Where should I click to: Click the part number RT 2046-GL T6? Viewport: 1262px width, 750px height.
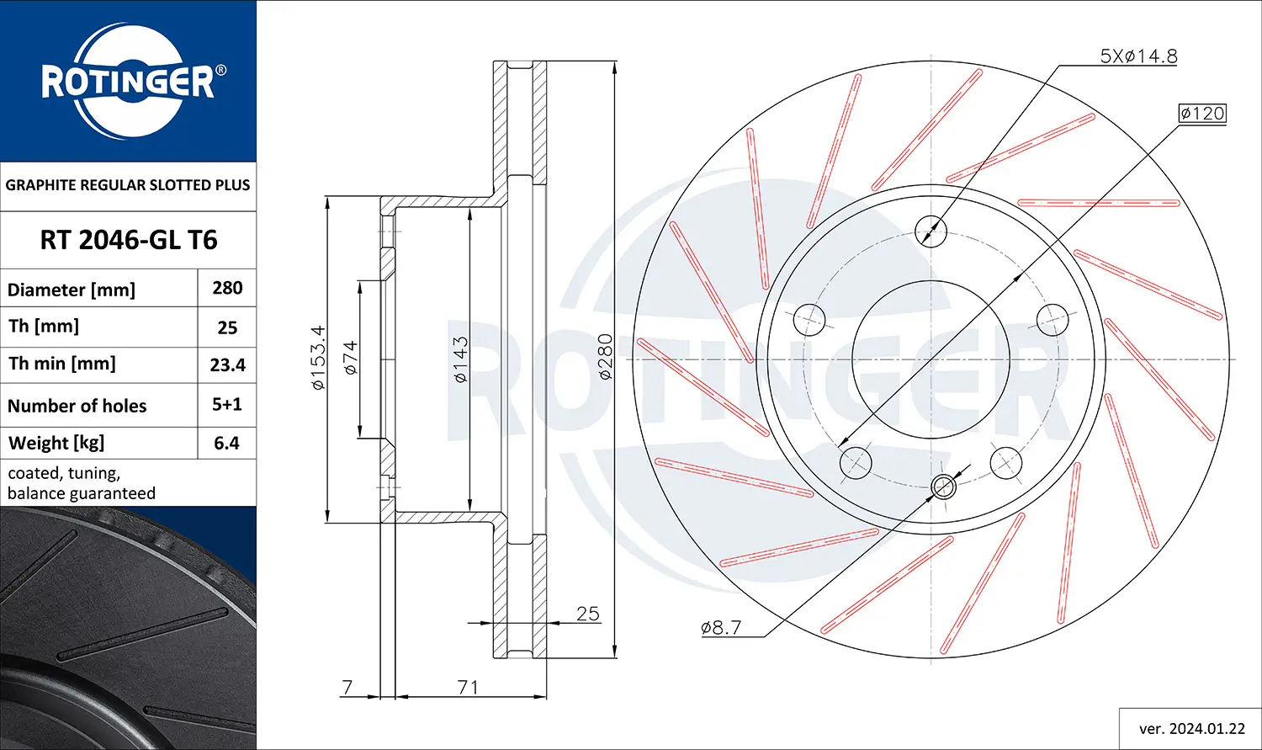[x=128, y=240]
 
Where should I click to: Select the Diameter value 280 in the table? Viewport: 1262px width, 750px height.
[x=227, y=288]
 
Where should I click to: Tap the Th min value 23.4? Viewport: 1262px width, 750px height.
[x=227, y=364]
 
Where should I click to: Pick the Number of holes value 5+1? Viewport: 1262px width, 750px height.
[x=227, y=404]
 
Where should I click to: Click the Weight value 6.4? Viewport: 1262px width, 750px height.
[x=226, y=443]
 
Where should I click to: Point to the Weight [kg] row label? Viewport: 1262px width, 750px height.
[x=56, y=443]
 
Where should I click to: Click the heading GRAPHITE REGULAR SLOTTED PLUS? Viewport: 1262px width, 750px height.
[x=128, y=185]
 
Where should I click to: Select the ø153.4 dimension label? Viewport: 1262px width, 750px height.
[x=317, y=358]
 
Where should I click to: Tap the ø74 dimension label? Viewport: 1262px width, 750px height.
[x=350, y=358]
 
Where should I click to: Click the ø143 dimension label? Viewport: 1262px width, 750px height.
[x=460, y=360]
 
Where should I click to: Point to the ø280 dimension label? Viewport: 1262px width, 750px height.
[x=605, y=358]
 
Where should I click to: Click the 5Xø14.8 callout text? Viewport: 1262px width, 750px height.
[x=1138, y=56]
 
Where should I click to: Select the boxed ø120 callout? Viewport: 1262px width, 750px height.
[x=1201, y=113]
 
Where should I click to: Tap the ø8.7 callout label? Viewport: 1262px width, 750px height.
[x=721, y=627]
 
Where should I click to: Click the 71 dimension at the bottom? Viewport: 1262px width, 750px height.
[x=468, y=687]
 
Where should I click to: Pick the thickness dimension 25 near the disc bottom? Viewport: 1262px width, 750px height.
[x=587, y=614]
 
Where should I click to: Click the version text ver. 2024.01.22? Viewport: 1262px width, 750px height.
[x=1191, y=728]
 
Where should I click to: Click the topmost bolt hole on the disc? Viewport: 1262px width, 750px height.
[x=931, y=229]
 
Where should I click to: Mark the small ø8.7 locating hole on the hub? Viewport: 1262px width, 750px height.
[x=944, y=486]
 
